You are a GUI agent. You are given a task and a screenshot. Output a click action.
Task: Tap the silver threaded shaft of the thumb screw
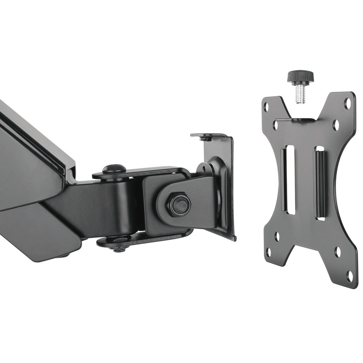pos(301,93)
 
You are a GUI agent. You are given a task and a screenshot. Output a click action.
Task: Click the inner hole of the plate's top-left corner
pos(275,125)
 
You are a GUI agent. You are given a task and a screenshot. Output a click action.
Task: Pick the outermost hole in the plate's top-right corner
pos(348,104)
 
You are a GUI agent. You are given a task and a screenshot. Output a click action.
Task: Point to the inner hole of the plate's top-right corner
pos(336,125)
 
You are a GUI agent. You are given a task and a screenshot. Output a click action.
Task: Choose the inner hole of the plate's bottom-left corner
pos(277,236)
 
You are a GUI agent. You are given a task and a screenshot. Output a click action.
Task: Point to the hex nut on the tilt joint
pos(179,205)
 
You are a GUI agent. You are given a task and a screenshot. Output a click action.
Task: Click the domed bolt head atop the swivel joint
pos(114,169)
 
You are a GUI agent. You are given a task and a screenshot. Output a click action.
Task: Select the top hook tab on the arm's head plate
pos(208,136)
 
